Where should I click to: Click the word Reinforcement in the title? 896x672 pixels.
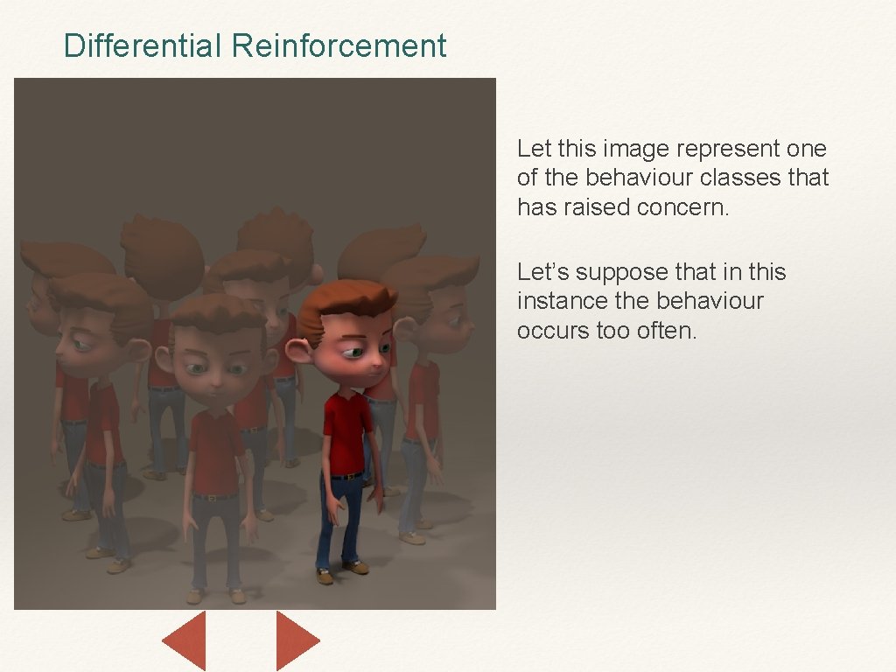pyautogui.click(x=339, y=45)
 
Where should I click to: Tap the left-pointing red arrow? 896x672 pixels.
pyautogui.click(x=186, y=640)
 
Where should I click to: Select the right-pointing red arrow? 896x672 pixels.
pyautogui.click(x=296, y=640)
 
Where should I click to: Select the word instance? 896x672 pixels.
pyautogui.click(x=563, y=301)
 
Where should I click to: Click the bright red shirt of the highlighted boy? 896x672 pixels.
pyautogui.click(x=346, y=429)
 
